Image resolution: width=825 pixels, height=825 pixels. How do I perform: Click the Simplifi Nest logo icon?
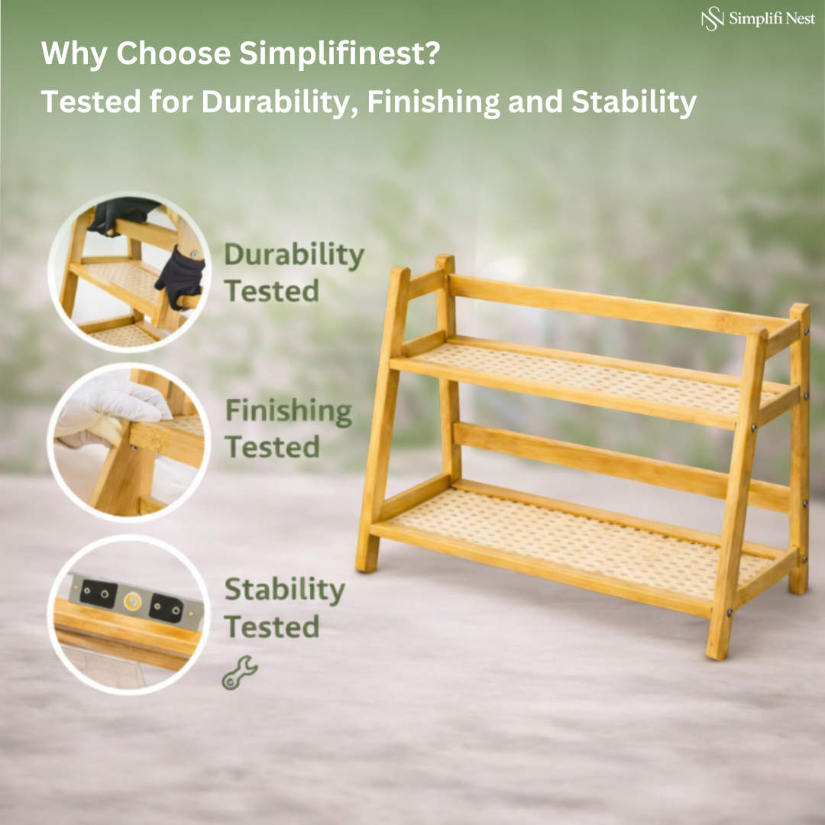(x=712, y=19)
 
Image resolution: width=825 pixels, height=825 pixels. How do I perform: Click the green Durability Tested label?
(x=293, y=273)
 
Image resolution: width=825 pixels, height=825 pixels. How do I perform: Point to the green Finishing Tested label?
(x=288, y=429)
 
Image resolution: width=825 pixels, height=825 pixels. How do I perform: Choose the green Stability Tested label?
(x=283, y=608)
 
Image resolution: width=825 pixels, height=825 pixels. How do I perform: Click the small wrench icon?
(x=239, y=673)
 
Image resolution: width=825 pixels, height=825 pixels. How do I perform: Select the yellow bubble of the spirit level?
(x=132, y=601)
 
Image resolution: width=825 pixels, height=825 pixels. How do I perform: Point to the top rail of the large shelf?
(x=611, y=306)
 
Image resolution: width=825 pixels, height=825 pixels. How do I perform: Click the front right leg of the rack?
(x=737, y=489)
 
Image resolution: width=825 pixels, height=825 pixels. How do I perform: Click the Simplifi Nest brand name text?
(x=772, y=19)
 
